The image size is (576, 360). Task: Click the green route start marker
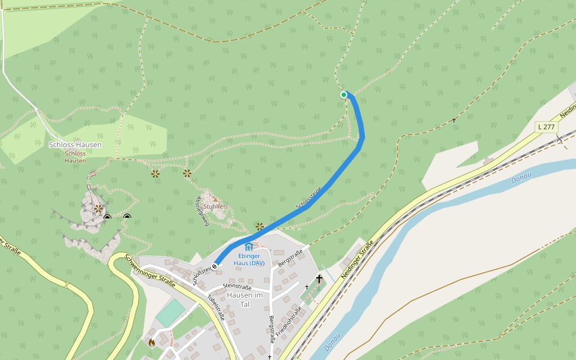click(x=344, y=95)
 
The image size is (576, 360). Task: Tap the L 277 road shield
click(x=547, y=127)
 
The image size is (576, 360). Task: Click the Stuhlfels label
click(x=215, y=206)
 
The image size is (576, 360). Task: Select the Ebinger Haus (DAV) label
click(x=249, y=259)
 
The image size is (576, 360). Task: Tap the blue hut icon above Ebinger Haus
click(x=249, y=247)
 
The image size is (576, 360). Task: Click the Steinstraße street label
click(x=237, y=287)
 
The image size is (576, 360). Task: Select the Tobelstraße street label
click(x=215, y=307)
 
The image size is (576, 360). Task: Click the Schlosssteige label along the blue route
click(x=309, y=198)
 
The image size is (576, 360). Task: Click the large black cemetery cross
click(x=319, y=279)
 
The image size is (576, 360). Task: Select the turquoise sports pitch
click(x=171, y=313)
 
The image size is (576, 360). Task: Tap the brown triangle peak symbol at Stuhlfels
click(x=215, y=198)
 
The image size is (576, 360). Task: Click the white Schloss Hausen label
click(x=75, y=145)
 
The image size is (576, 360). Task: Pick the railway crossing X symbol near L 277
click(x=559, y=139)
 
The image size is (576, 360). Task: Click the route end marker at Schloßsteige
click(x=214, y=266)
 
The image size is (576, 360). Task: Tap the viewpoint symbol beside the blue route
click(x=259, y=226)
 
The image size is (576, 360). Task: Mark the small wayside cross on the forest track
click(x=454, y=121)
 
